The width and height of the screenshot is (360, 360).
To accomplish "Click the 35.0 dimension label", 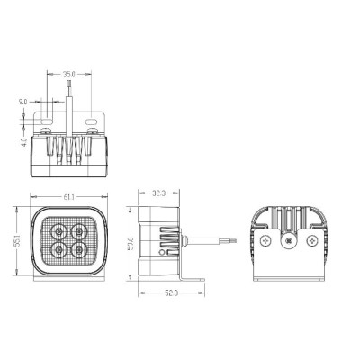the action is tap(68, 74).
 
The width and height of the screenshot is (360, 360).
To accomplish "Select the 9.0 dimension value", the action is tap(22, 103).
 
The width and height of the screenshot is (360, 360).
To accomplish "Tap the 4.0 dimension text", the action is tap(24, 141).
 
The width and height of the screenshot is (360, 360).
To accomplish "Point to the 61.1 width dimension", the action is tap(68, 197).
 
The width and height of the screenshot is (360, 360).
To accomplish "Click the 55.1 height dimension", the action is tap(17, 241).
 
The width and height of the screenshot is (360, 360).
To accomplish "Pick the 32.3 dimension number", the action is tap(158, 193).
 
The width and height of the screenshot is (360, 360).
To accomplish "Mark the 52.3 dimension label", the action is tap(171, 293).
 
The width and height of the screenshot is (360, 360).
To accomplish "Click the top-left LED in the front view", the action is tap(59, 231).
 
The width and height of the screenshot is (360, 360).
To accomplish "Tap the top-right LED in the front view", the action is tap(79, 231).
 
